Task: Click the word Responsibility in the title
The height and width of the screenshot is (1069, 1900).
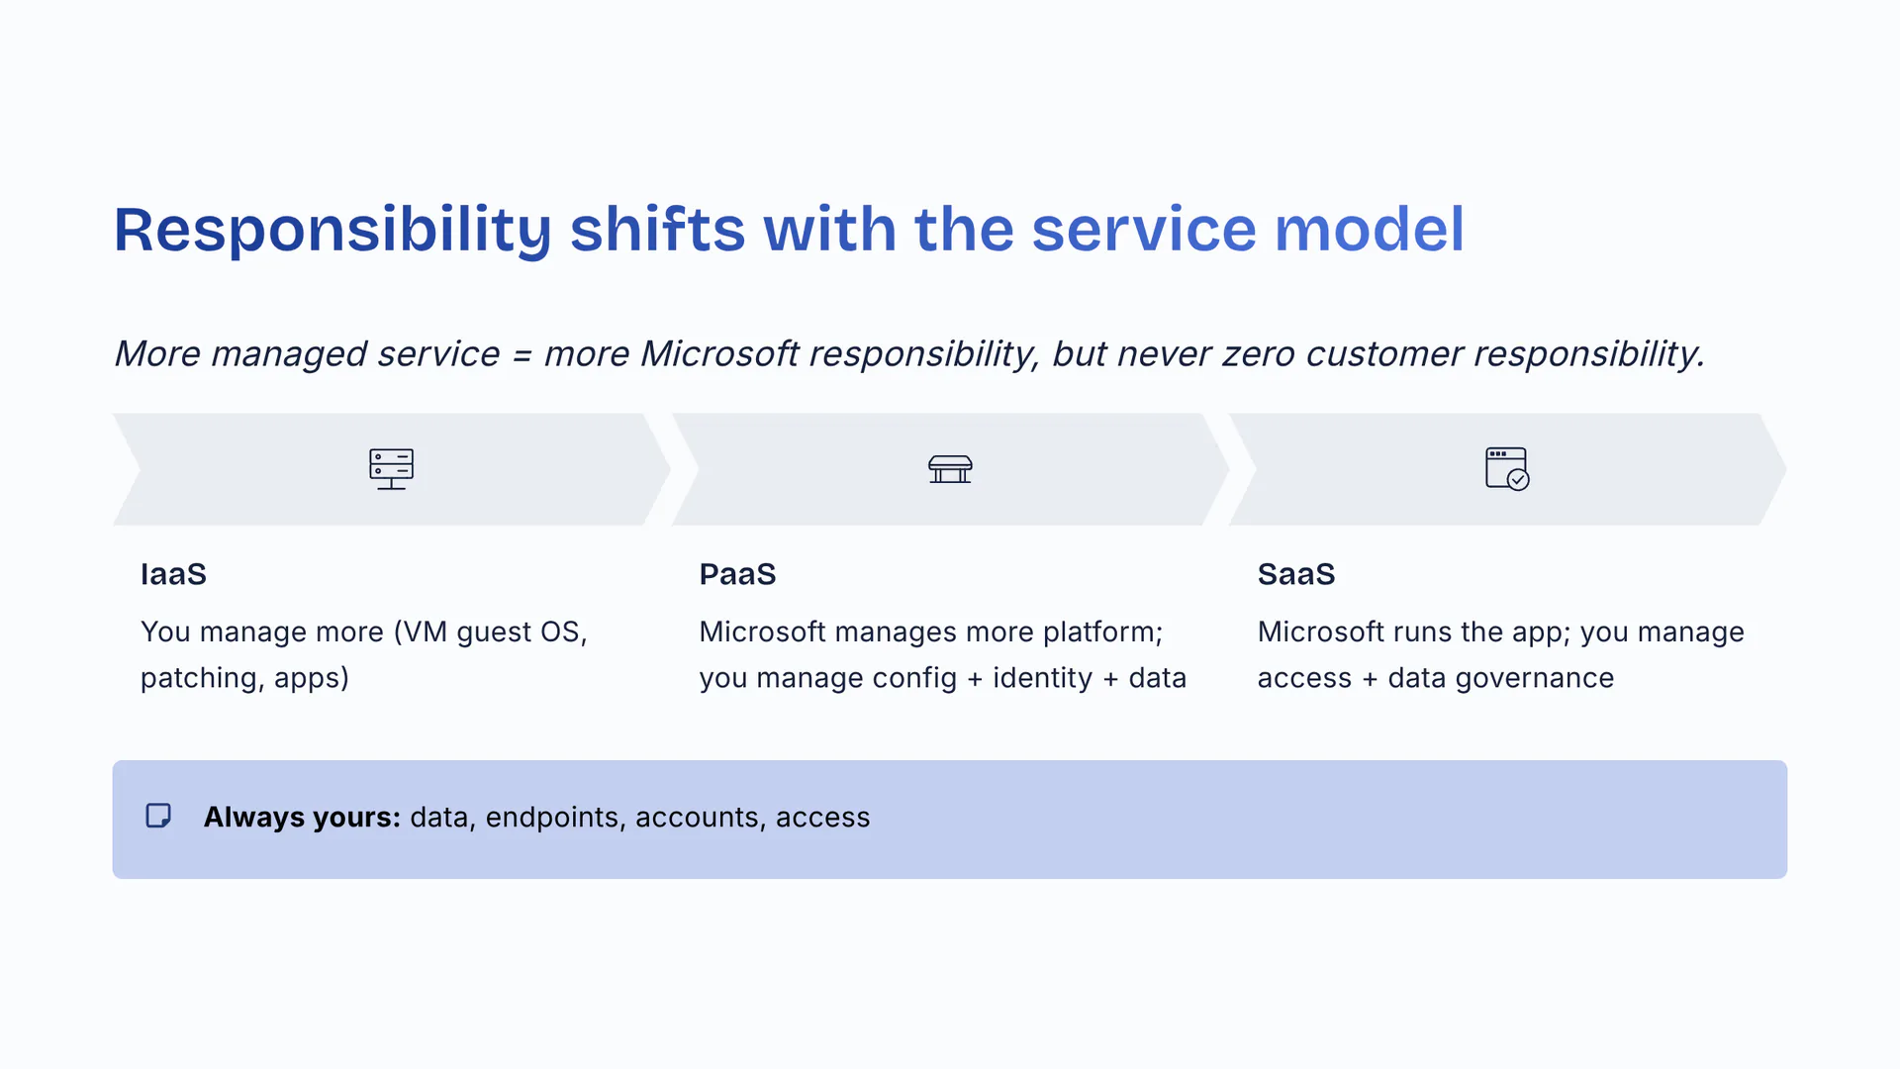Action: (x=332, y=231)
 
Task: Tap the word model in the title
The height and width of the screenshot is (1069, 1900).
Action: (x=1369, y=230)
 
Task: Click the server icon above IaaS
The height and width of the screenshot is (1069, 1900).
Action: (x=392, y=469)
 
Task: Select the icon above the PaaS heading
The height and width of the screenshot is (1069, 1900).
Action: (x=950, y=469)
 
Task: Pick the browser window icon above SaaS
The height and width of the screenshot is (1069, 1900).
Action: (x=1507, y=469)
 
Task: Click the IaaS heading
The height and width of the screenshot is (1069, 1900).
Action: (x=173, y=574)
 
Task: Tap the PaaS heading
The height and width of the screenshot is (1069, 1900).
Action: (x=737, y=574)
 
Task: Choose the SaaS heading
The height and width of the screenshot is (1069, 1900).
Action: (x=1296, y=574)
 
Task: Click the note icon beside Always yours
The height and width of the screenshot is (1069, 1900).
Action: (x=158, y=816)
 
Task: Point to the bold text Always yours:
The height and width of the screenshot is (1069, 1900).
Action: (x=302, y=818)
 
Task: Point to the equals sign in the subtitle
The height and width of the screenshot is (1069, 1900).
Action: (x=522, y=354)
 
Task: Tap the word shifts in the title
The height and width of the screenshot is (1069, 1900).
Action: (x=657, y=230)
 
